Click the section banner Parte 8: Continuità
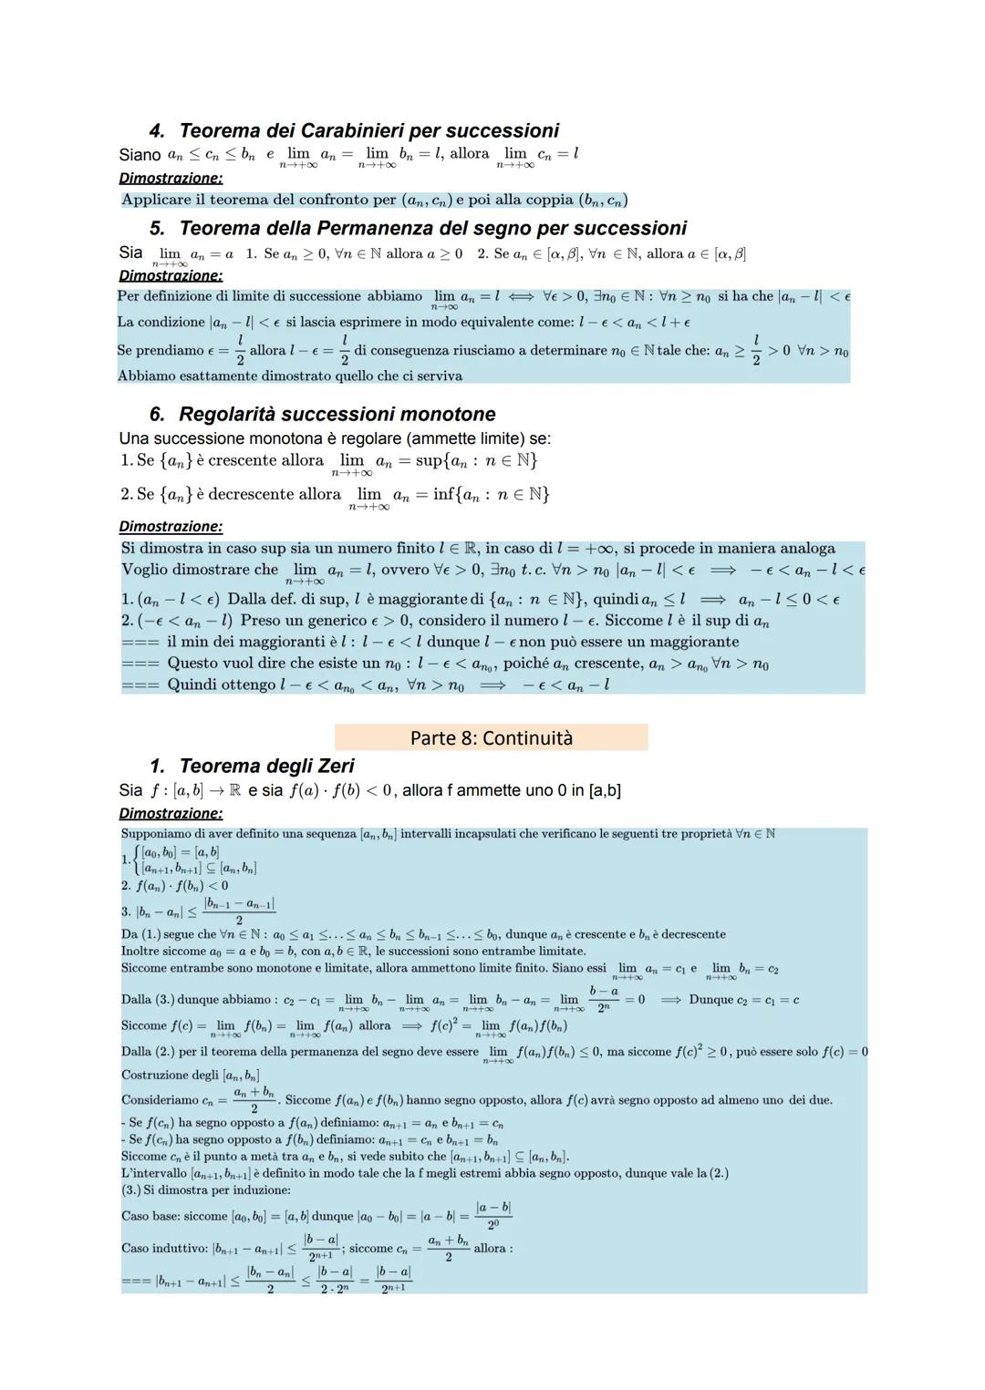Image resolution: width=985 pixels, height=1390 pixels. [x=491, y=737]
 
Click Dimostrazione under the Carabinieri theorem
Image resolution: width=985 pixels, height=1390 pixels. [x=171, y=178]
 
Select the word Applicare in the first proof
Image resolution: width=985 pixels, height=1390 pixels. [x=156, y=200]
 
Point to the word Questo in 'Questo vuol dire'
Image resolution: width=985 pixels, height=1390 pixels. [x=194, y=664]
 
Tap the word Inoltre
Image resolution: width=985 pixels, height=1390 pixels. [x=140, y=951]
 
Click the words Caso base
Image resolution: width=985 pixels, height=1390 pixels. [x=148, y=1216]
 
